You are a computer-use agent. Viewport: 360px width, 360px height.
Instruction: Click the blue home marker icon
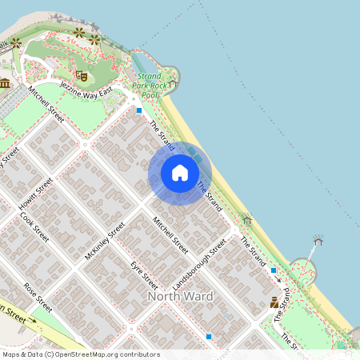180,173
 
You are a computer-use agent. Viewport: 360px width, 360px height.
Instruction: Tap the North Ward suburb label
181,297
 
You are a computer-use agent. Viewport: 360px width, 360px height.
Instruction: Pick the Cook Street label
35,226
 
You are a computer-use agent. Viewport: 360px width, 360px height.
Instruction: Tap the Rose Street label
38,296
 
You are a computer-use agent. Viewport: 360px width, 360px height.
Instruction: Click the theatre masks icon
83,75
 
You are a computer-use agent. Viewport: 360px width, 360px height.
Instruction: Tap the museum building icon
5,83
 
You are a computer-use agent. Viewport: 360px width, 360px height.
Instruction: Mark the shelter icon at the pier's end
318,240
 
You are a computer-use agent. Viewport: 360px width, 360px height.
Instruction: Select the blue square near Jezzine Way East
139,110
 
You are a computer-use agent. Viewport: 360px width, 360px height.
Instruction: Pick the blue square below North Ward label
209,337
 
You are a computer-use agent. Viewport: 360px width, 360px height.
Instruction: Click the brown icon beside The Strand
274,303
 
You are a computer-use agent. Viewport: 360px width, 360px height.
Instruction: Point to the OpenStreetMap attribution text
80,354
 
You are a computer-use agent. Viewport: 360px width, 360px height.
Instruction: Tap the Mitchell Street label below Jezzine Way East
45,106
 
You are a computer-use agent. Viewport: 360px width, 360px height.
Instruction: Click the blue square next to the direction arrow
274,270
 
